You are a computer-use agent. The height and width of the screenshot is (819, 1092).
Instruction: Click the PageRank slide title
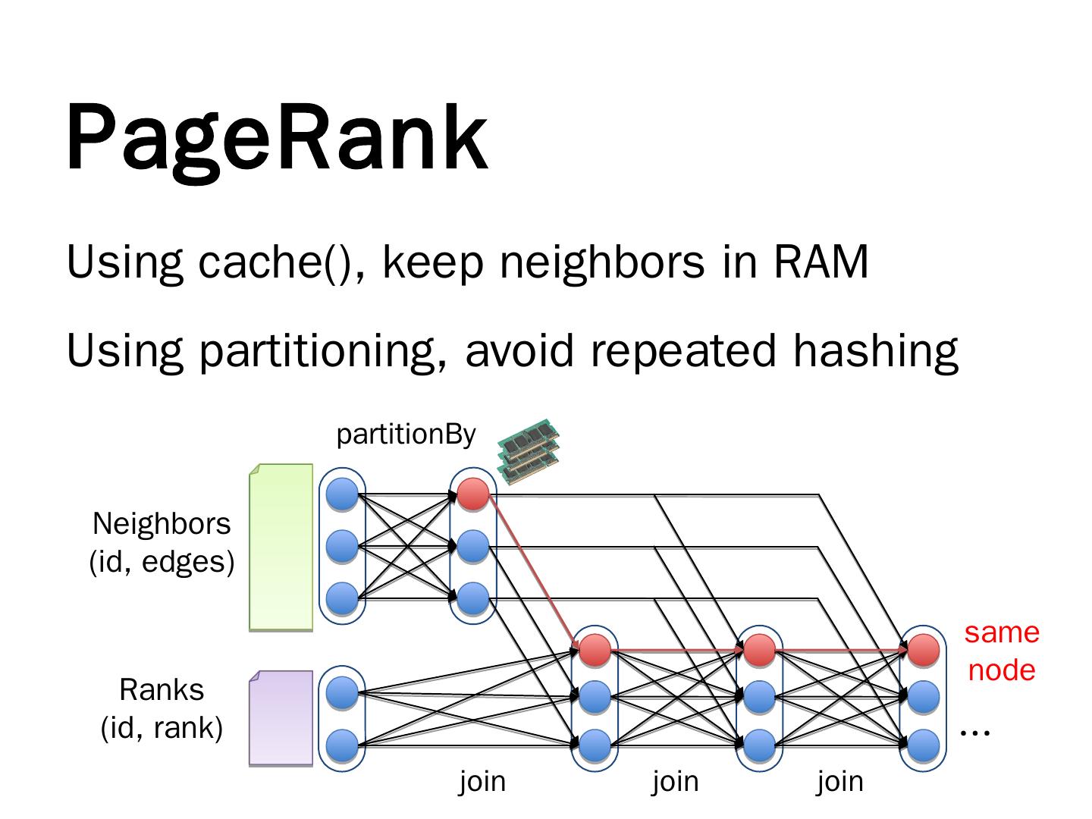coord(277,138)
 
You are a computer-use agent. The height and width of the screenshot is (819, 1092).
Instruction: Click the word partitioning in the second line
coord(322,350)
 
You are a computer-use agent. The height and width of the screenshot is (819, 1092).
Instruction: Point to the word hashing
coord(875,350)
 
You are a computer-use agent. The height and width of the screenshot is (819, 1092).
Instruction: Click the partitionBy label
coord(406,435)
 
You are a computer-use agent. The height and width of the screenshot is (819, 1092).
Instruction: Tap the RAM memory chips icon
coord(529,450)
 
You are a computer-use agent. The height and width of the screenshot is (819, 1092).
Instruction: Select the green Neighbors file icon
coord(281,547)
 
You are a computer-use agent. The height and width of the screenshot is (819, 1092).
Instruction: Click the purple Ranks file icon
coord(281,717)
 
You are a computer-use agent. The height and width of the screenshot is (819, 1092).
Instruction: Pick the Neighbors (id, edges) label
coord(162,542)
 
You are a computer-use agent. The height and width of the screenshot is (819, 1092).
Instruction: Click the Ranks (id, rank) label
coord(162,708)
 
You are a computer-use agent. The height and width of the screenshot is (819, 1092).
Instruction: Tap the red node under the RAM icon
coord(473,494)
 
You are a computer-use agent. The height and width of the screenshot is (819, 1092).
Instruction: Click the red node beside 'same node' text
coord(923,649)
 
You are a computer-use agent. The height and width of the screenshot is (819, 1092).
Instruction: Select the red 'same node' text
coord(1002,651)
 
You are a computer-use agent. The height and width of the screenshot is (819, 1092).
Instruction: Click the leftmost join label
coord(482,780)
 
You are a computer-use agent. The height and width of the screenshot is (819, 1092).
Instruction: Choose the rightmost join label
coord(840,780)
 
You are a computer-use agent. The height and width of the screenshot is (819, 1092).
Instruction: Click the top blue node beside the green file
coord(342,495)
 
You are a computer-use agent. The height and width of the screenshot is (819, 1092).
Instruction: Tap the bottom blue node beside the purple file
coord(342,744)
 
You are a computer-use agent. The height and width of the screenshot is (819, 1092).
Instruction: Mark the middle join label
coord(676,780)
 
